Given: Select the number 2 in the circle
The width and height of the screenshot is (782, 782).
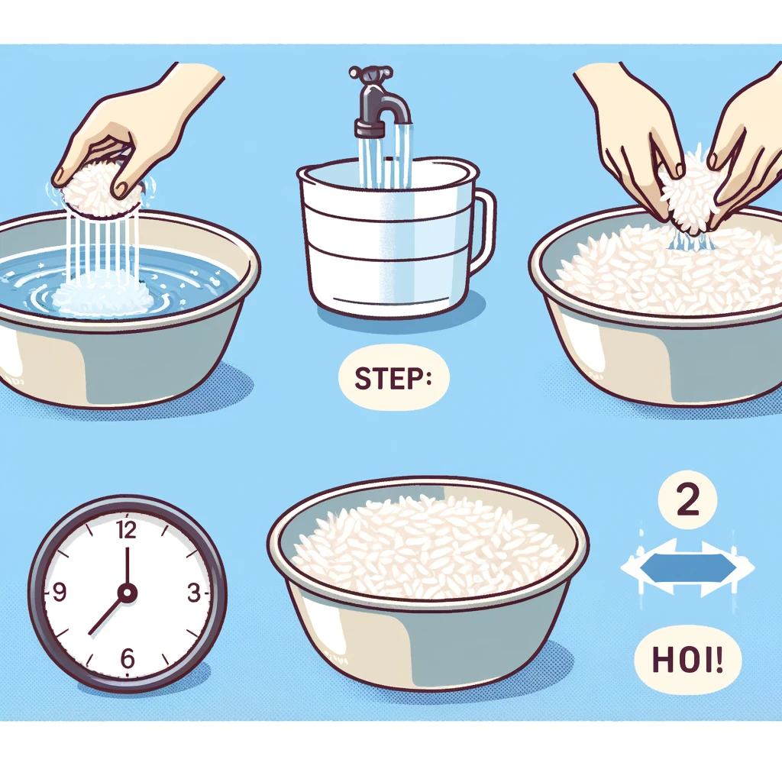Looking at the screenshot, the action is point(687,499).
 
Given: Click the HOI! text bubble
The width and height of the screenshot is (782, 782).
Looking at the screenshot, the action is point(687,660).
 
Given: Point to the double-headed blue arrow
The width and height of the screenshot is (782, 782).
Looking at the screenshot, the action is point(688,567).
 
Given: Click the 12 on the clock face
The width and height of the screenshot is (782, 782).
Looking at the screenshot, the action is point(126,530).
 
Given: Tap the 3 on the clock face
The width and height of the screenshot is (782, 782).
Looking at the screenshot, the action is point(193,593).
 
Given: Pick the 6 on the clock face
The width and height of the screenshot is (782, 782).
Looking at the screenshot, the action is point(128,658).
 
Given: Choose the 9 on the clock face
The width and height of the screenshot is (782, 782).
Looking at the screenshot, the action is point(59,592).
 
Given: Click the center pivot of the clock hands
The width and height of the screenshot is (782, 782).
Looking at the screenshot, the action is point(128,593).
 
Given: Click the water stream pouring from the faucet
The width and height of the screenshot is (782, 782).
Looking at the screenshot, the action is point(385,154).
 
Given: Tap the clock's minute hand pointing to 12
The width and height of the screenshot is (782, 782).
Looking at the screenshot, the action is point(128,568).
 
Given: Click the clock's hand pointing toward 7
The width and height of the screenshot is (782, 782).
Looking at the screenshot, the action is point(107,614).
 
